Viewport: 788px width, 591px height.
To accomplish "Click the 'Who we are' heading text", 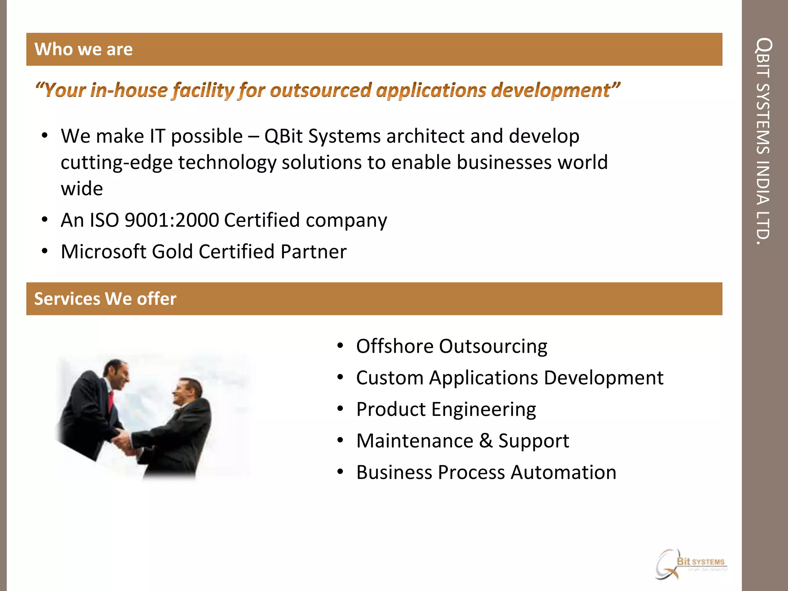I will (83, 50).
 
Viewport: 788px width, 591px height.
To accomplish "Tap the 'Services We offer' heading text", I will (105, 299).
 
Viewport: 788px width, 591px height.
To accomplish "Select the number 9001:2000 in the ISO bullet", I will (172, 220).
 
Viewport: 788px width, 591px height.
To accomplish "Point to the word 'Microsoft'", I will (104, 252).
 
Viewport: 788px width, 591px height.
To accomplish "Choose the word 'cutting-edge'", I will (117, 163).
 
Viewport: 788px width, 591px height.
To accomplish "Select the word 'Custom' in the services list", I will (389, 378).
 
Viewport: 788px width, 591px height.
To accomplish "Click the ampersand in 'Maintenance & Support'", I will (486, 441).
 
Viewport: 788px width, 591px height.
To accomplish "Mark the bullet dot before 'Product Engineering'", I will (340, 409).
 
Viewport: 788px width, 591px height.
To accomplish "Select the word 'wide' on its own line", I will (82, 189).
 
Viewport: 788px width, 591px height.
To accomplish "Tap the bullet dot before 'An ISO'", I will (45, 220).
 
